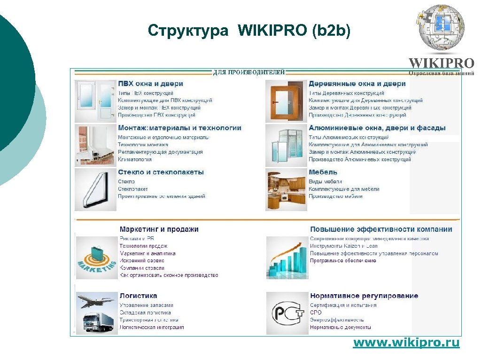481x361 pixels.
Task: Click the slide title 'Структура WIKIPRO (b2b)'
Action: click(249, 31)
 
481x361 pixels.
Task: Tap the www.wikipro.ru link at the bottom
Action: click(406, 343)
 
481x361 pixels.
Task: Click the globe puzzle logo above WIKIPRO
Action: click(441, 27)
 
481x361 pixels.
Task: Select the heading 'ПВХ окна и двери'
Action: click(150, 84)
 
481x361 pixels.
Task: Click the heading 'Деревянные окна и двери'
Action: click(357, 84)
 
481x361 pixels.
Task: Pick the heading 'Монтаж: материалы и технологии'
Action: click(179, 128)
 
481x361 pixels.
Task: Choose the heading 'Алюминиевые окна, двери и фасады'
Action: click(377, 128)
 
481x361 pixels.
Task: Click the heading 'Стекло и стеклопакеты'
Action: click(161, 172)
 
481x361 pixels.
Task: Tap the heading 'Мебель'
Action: click(323, 172)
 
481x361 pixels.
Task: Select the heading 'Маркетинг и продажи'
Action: click(159, 229)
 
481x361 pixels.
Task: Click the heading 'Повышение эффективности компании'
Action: click(380, 229)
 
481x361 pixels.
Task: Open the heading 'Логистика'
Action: click(138, 296)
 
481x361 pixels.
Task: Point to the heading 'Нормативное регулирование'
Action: click(364, 296)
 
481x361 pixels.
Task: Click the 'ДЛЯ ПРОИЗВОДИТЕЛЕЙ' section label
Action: click(249, 72)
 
